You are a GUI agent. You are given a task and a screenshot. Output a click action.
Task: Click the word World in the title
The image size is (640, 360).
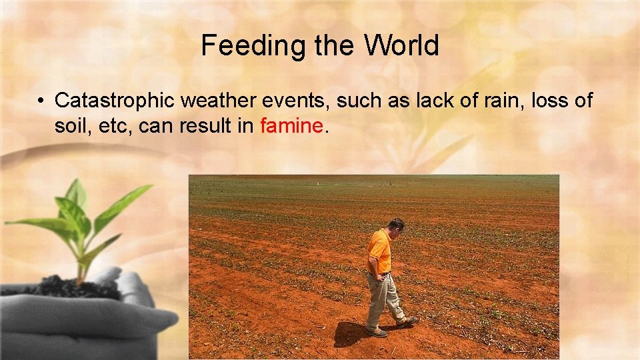point(401,45)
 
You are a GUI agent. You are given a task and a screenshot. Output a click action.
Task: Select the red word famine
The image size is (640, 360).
point(292,125)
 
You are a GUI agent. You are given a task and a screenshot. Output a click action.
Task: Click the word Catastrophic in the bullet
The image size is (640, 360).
point(115,101)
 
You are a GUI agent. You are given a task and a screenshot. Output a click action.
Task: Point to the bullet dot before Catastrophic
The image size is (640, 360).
point(41,101)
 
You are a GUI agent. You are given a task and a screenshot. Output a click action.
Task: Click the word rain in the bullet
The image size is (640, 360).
point(501,101)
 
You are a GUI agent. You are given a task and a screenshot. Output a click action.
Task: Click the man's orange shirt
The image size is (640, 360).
point(379,251)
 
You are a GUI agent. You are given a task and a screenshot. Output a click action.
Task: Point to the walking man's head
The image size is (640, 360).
point(396,226)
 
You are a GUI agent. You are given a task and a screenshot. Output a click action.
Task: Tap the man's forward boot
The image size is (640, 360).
point(406,323)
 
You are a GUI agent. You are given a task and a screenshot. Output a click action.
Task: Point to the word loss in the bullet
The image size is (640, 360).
point(549,101)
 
